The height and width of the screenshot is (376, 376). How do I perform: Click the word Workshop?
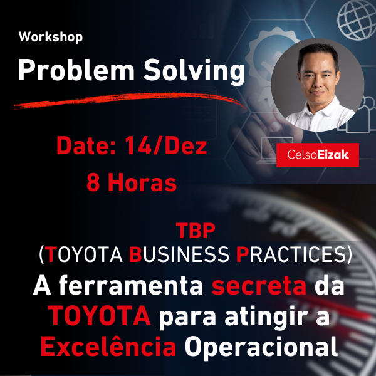tap(51, 37)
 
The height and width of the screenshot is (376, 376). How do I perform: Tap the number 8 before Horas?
tap(95, 182)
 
